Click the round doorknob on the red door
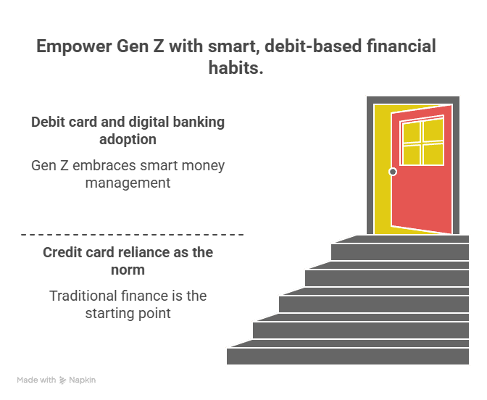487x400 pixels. click(x=393, y=172)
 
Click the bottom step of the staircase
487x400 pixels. click(x=348, y=356)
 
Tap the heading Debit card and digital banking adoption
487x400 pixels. click(x=128, y=130)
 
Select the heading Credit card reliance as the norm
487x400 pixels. click(x=128, y=261)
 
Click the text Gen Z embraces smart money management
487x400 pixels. click(x=128, y=174)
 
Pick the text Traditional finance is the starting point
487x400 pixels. click(x=128, y=304)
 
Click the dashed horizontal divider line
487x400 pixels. click(x=132, y=235)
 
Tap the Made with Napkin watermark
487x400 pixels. click(x=57, y=380)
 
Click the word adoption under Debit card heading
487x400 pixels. click(x=128, y=138)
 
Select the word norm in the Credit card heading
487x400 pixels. click(x=128, y=270)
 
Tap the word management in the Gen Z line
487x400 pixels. click(x=128, y=183)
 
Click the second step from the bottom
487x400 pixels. click(x=360, y=330)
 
